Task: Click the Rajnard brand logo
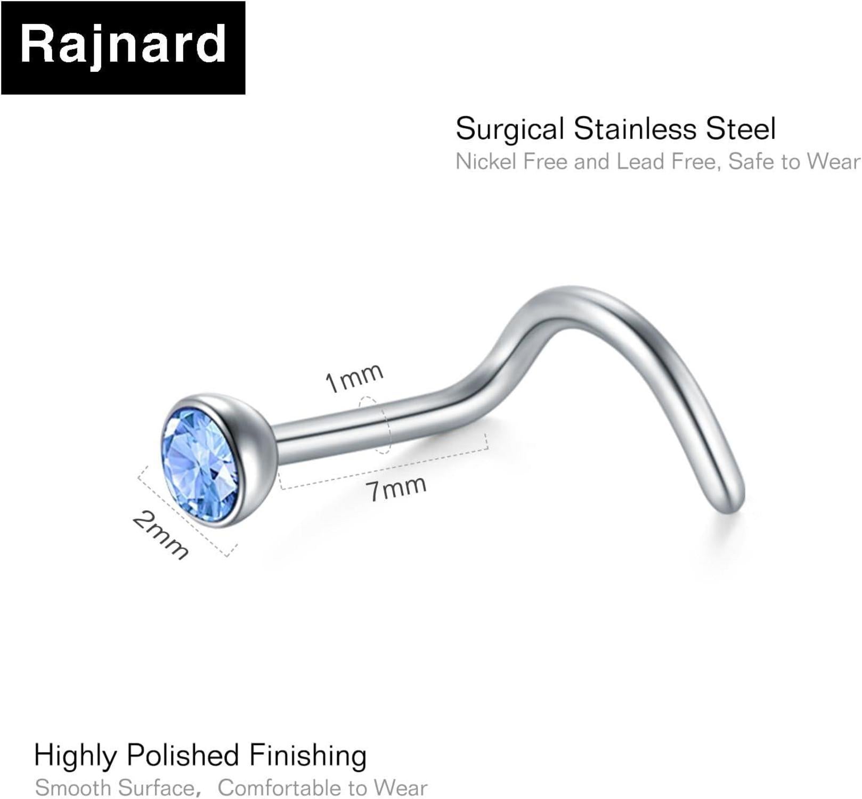[123, 47]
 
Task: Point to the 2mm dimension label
[160, 535]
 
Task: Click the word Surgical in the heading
[510, 129]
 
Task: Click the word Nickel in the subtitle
[486, 162]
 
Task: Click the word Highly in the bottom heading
[75, 757]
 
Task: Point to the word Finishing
[308, 757]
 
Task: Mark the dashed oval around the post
[376, 425]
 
